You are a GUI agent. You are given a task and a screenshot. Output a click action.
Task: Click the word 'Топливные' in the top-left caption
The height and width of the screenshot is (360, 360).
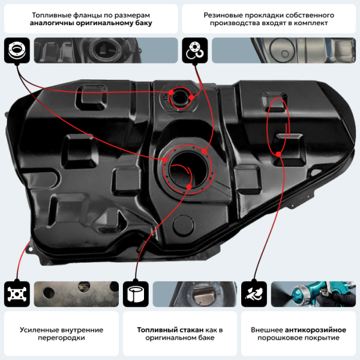(x=50, y=14)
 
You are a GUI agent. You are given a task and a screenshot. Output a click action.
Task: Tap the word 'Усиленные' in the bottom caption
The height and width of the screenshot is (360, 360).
(x=38, y=329)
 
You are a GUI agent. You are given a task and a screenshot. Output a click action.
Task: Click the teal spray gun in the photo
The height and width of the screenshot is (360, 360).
(x=315, y=293)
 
